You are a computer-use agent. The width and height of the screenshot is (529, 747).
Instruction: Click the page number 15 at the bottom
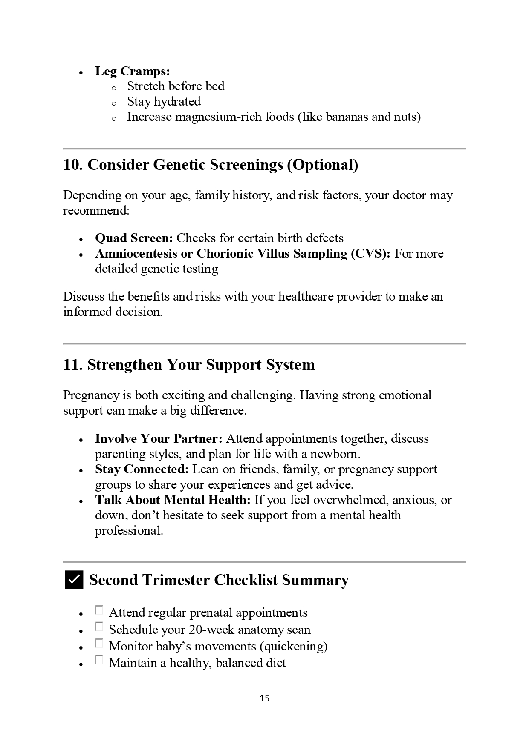264,698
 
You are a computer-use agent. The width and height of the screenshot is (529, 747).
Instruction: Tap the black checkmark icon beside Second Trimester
74,580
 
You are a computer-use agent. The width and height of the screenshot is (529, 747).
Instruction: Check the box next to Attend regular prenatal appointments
99,610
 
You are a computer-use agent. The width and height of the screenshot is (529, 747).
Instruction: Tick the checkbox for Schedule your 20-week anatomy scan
99,627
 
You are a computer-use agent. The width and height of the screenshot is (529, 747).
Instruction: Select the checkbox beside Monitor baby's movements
99,644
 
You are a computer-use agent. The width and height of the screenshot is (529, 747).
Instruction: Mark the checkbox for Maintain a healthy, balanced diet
99,660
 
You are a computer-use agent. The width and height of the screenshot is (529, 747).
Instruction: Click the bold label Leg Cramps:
132,71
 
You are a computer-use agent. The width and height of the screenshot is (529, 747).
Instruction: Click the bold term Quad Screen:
134,238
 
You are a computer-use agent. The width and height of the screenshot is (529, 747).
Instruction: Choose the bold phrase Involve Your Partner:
159,438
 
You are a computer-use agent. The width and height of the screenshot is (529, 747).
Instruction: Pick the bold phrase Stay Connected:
142,469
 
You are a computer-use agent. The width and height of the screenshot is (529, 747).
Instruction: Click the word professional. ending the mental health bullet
129,531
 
